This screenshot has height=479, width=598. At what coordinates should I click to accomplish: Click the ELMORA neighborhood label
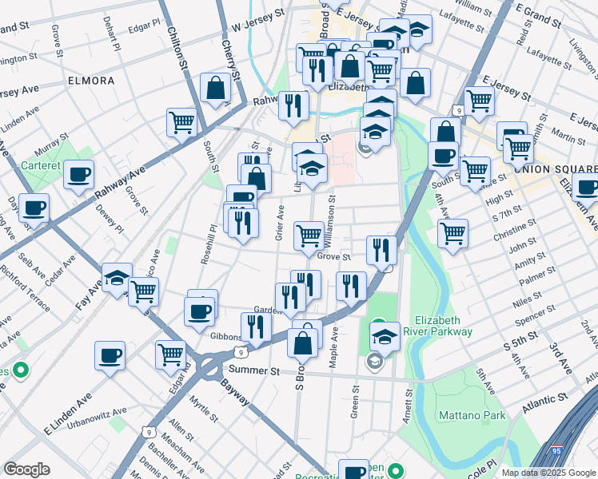[91, 81]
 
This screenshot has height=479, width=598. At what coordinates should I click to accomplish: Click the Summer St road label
[253, 370]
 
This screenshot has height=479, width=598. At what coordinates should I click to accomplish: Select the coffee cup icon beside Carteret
[78, 174]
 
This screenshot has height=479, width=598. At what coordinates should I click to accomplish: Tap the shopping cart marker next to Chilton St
[182, 122]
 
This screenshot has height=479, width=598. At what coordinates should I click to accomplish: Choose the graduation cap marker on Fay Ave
[117, 277]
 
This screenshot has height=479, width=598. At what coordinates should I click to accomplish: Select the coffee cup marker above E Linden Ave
[110, 354]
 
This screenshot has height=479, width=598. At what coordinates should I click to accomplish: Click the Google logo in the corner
[26, 469]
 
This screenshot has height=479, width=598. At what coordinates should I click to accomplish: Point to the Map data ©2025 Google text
[548, 473]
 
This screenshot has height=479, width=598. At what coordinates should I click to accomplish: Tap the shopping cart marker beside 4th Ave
[452, 233]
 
